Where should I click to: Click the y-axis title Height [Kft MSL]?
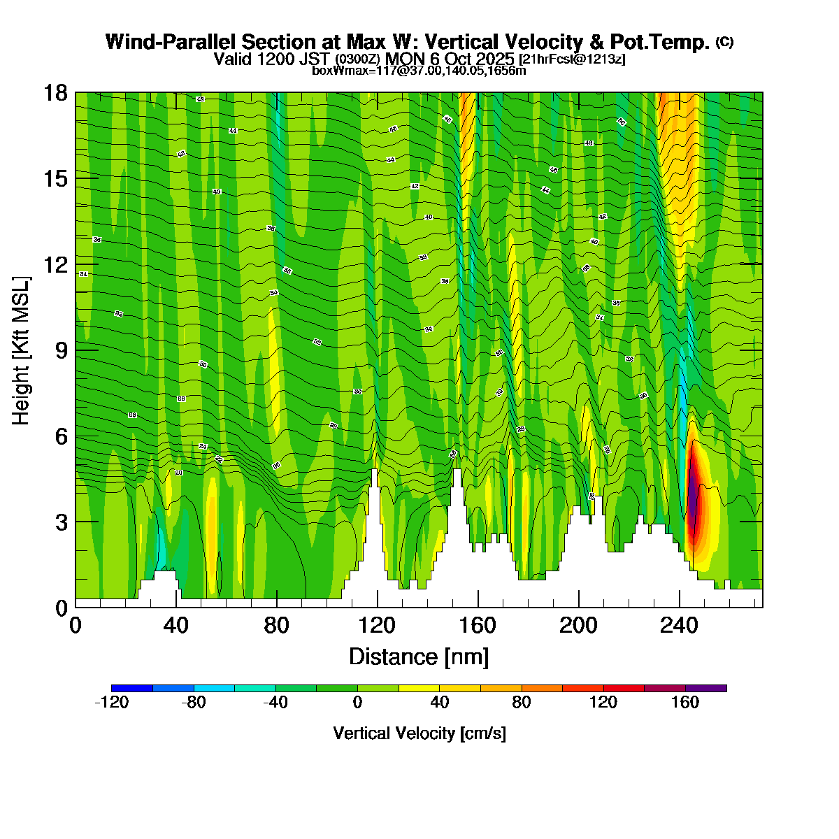[x=22, y=350]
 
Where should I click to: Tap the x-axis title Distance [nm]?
[x=419, y=657]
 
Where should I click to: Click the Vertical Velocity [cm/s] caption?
[x=419, y=733]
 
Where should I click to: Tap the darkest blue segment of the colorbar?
[x=132, y=688]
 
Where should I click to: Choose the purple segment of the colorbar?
[x=706, y=688]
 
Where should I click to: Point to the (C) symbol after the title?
[x=724, y=42]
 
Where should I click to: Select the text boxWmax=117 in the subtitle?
[x=347, y=71]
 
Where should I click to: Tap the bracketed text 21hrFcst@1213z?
[x=572, y=59]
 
